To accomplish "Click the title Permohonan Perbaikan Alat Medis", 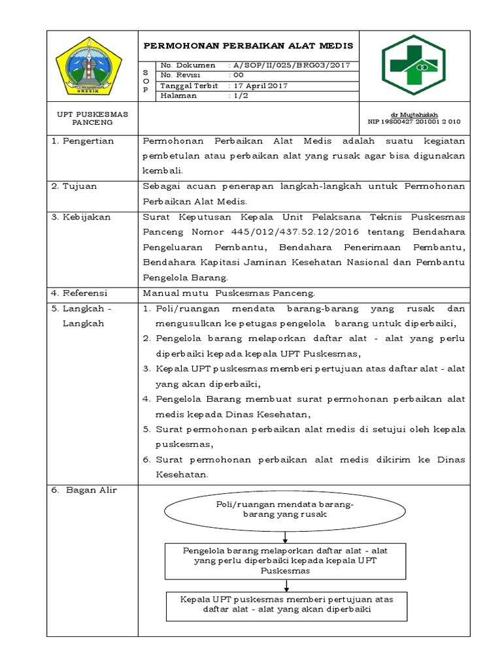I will [248, 46].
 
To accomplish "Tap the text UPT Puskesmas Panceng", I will [92, 118].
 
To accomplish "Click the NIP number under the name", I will [414, 122].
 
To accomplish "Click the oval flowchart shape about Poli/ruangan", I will [284, 510].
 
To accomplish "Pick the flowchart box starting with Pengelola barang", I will [284, 561].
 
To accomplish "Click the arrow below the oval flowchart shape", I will [285, 537].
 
